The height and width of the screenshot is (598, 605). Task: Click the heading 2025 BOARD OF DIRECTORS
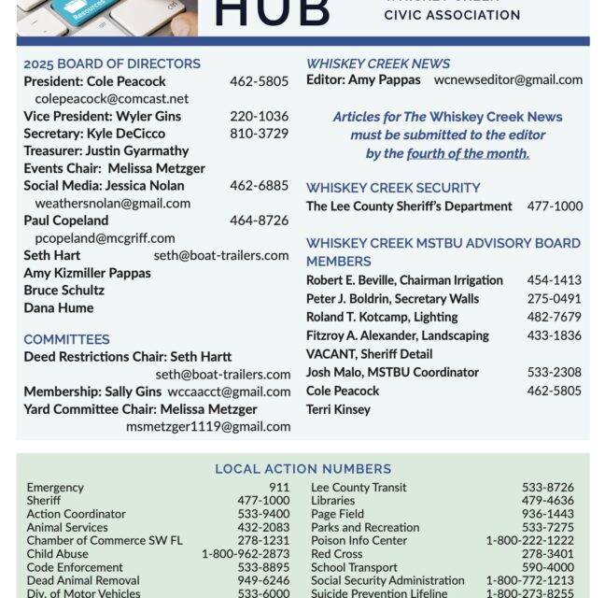click(x=112, y=64)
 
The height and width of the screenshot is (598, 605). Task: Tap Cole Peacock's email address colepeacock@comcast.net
click(x=111, y=98)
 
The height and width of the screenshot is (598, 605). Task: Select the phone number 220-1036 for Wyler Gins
click(x=259, y=116)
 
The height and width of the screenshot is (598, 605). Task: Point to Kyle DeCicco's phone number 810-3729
click(x=259, y=134)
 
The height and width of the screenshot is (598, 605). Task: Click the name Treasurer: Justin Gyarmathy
click(x=106, y=150)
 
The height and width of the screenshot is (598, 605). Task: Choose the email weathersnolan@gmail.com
click(x=112, y=203)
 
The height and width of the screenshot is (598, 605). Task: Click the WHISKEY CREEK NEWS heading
click(x=378, y=64)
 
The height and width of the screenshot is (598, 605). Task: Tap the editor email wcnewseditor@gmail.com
click(x=508, y=80)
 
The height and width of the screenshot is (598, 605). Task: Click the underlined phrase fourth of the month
click(x=468, y=153)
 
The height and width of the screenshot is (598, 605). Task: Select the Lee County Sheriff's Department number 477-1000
click(x=555, y=206)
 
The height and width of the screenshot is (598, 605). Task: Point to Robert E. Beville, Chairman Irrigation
click(x=404, y=280)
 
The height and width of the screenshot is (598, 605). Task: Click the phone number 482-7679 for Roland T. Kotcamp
click(x=554, y=317)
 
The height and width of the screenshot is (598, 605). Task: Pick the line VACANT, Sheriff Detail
click(x=369, y=354)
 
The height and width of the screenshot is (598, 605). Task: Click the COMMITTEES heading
click(x=66, y=339)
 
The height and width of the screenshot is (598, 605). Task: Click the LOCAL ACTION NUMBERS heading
click(x=302, y=469)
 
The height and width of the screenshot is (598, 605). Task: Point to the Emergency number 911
click(x=279, y=488)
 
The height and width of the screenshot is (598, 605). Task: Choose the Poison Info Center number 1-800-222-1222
click(x=529, y=540)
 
